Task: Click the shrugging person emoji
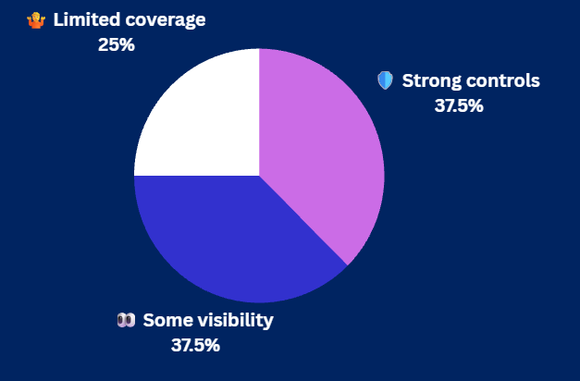pos(36,20)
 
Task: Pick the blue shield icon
pos(385,80)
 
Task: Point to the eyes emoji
pos(126,320)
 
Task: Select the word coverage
pos(166,20)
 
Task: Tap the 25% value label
pos(117,44)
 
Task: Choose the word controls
pos(503,80)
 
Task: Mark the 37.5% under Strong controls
pos(459,105)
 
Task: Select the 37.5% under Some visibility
pos(195,346)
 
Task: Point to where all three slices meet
pos(259,176)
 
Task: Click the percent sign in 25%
pos(127,44)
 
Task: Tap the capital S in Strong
pos(408,80)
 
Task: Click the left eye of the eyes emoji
pos(122,320)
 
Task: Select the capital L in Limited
pos(58,19)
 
